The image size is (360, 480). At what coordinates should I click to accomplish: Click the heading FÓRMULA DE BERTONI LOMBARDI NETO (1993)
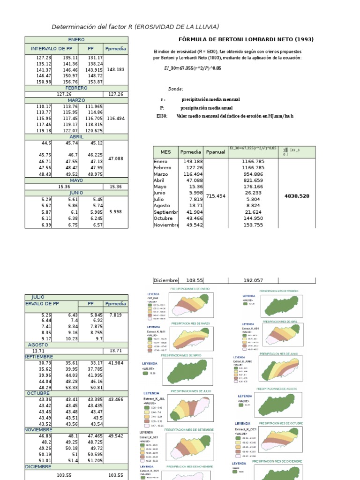pyautogui.click(x=247, y=39)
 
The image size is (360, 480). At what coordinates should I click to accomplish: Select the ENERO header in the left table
pyautogui.click(x=76, y=40)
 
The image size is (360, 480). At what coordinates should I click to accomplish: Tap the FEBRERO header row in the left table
pyautogui.click(x=76, y=88)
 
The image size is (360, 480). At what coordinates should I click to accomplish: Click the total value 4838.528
pyautogui.click(x=297, y=196)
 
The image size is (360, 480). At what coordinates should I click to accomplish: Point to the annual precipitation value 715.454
pyautogui.click(x=216, y=196)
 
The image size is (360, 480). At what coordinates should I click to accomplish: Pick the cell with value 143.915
pyautogui.click(x=94, y=69)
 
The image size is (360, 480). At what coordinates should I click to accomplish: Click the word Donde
pyautogui.click(x=176, y=89)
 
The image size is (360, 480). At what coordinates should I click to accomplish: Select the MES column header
pyautogui.click(x=166, y=152)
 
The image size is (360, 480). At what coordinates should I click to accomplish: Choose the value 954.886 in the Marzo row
pyautogui.click(x=254, y=174)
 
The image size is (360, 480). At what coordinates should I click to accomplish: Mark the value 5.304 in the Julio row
pyautogui.click(x=254, y=199)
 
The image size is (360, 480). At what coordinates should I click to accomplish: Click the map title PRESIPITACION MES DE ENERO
pyautogui.click(x=190, y=289)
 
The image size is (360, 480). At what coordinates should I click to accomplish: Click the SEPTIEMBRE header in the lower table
pyautogui.click(x=39, y=357)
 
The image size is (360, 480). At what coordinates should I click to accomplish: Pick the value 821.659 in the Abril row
pyautogui.click(x=254, y=180)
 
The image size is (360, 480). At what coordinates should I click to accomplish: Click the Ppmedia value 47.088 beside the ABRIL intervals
pyautogui.click(x=115, y=159)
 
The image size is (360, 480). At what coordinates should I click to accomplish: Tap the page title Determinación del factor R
pyautogui.click(x=135, y=27)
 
